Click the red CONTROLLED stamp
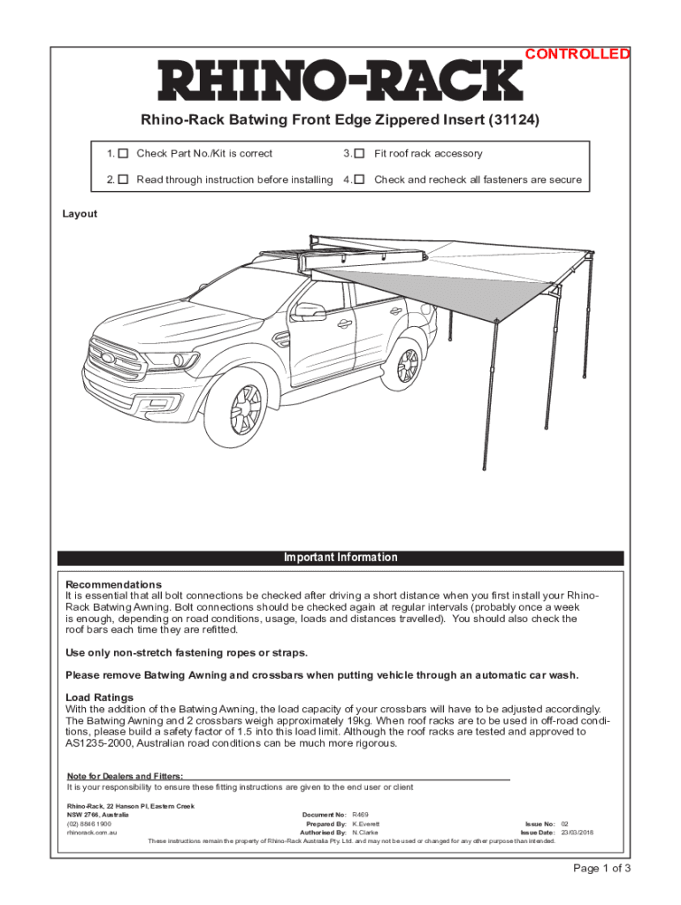(578, 54)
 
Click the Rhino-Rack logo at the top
(340, 81)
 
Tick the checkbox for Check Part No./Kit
(124, 154)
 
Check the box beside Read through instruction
(124, 179)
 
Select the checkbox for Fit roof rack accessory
(359, 154)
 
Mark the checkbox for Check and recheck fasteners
(359, 179)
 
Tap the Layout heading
(80, 214)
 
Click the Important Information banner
(340, 558)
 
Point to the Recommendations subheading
(114, 585)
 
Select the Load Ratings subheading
(100, 697)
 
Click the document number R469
(360, 814)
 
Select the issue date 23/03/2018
(578, 833)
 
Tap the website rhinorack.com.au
(93, 833)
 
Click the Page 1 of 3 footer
(601, 868)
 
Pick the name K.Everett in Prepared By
(366, 824)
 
